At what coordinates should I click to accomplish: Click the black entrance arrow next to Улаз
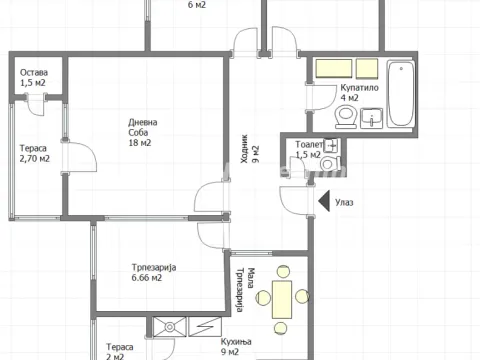pos(324,202)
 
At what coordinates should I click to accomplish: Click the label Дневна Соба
pos(142,129)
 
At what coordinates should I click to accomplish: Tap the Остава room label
pos(35,71)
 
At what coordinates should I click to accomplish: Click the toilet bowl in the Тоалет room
pos(328,165)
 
